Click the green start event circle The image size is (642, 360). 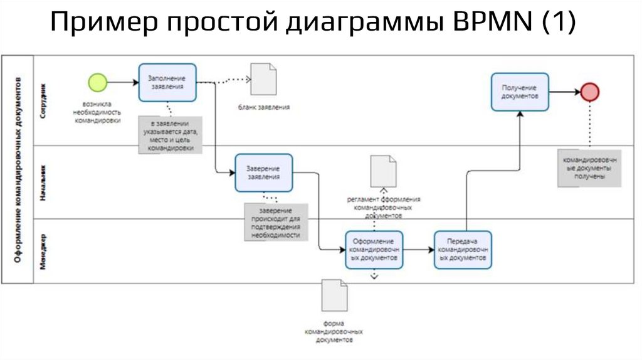click(x=98, y=82)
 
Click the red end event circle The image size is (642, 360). click(x=589, y=92)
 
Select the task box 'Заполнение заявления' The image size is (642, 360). click(x=167, y=82)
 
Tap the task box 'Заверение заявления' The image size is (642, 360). click(x=263, y=172)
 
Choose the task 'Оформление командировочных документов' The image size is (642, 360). click(x=374, y=250)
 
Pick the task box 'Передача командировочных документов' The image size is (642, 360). click(x=463, y=250)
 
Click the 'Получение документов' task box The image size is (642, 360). click(x=520, y=93)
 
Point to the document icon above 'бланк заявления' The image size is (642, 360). click(x=263, y=78)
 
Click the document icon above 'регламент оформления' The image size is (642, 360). click(x=383, y=171)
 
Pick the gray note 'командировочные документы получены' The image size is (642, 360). click(x=590, y=168)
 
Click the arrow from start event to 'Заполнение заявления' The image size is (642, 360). click(x=123, y=82)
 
